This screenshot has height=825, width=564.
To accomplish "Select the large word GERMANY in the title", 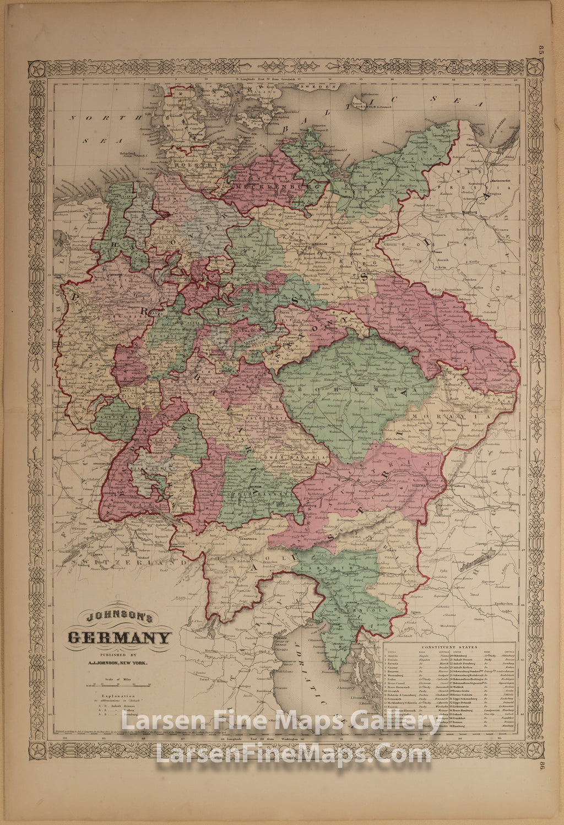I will pyautogui.click(x=119, y=639).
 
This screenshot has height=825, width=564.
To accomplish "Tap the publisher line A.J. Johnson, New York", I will pyautogui.click(x=118, y=664).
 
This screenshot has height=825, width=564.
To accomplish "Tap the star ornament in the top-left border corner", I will pyautogui.click(x=37, y=69).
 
